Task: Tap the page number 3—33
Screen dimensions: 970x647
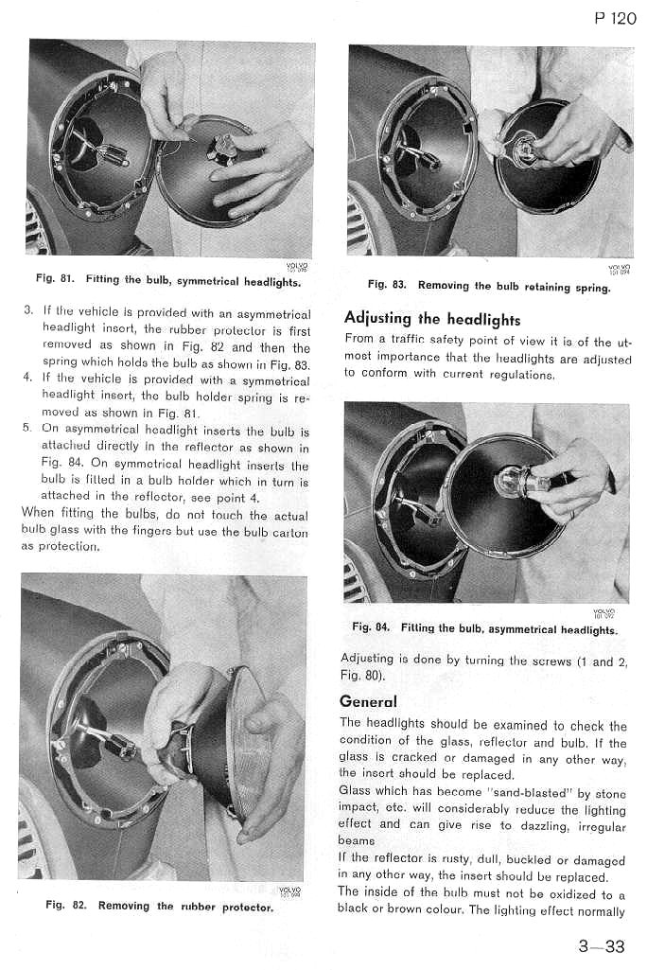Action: click(x=602, y=944)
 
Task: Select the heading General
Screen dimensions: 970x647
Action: click(x=367, y=701)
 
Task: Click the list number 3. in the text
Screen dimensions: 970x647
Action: click(x=28, y=311)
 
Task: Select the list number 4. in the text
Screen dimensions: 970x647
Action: click(x=28, y=379)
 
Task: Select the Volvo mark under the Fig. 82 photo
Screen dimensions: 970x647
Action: click(x=290, y=891)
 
